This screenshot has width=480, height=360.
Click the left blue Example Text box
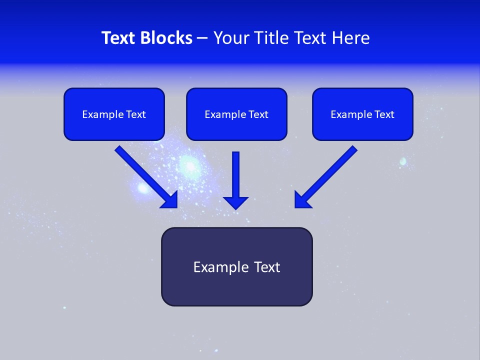(x=114, y=114)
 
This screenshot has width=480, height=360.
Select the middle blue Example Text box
(x=236, y=114)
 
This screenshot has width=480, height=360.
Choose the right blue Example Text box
(x=362, y=114)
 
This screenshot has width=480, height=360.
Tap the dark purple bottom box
(x=236, y=266)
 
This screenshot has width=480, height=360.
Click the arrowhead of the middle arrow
(x=236, y=202)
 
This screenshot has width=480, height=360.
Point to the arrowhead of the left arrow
(x=170, y=200)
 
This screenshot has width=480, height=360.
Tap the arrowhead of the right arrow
(x=301, y=200)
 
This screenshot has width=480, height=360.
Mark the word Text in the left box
(x=136, y=114)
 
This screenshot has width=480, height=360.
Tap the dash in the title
(x=202, y=38)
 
